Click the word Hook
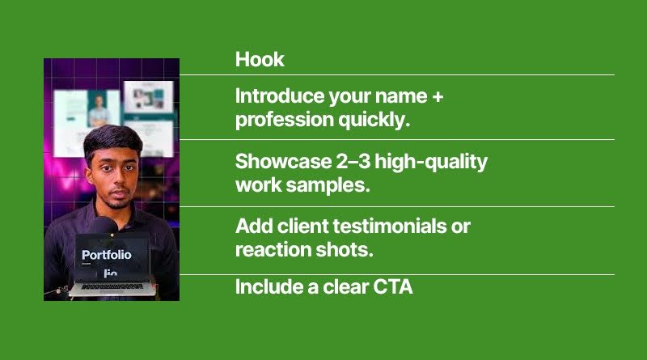pos(260,59)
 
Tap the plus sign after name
pos(438,97)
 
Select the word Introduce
pos(280,96)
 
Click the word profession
pos(285,121)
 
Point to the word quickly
pos(374,121)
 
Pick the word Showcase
pos(283,162)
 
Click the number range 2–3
pos(353,162)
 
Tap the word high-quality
pos(431,163)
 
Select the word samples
pos(328,185)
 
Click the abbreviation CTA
pos(393,287)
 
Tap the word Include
pos(269,287)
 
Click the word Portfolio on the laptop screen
pos(107,255)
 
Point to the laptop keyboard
pos(112,286)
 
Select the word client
pos(302,227)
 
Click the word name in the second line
pos(401,97)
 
